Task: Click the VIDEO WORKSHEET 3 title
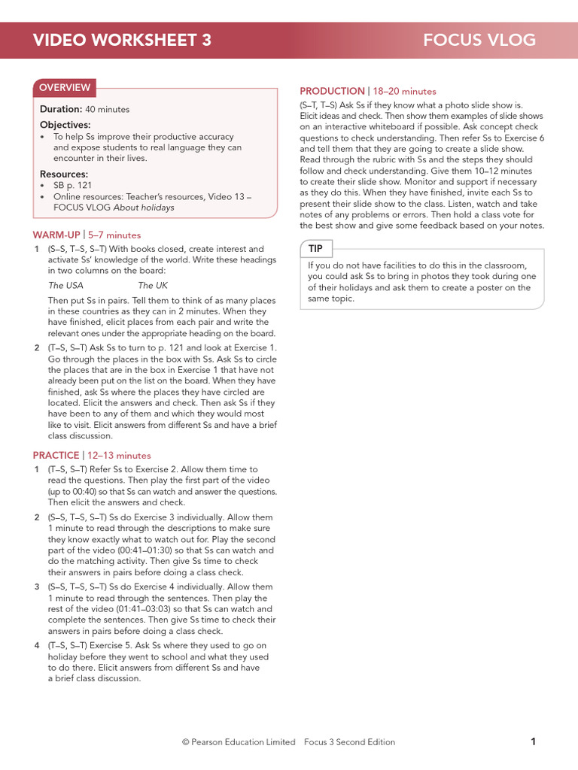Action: (x=122, y=40)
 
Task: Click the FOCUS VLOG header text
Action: (x=479, y=40)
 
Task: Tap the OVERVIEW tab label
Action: (x=65, y=88)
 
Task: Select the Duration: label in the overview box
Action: (x=61, y=109)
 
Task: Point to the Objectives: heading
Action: (x=65, y=125)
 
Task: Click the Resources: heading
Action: (x=64, y=174)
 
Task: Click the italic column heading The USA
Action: (x=66, y=285)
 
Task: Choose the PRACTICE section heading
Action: (x=56, y=456)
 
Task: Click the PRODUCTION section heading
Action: (x=332, y=91)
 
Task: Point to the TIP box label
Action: (x=315, y=248)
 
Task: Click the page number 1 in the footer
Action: (x=533, y=741)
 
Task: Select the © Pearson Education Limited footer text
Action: (x=239, y=742)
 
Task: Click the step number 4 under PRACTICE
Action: (x=37, y=645)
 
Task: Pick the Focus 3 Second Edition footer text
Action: (x=349, y=742)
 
